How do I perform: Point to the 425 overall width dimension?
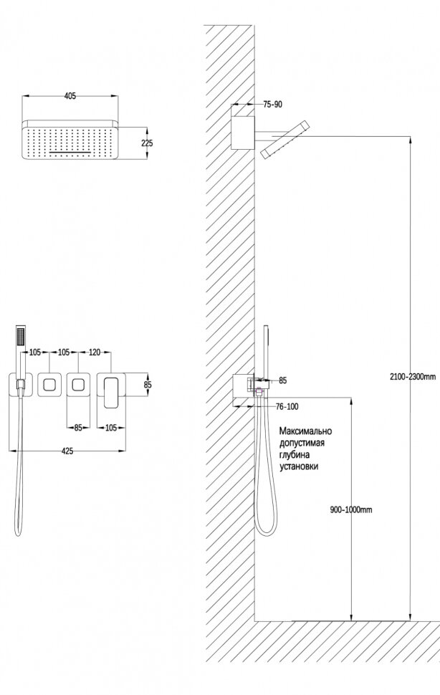click(67, 451)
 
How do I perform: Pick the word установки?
click(300, 466)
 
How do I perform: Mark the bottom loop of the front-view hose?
click(18, 532)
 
